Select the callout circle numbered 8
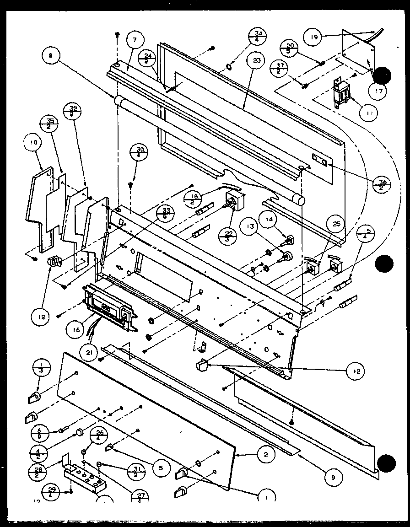pyautogui.click(x=49, y=57)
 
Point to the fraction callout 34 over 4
pyautogui.click(x=258, y=36)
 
